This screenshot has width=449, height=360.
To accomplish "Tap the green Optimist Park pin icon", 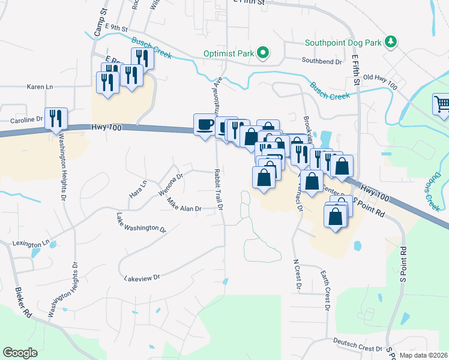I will pyautogui.click(x=263, y=53).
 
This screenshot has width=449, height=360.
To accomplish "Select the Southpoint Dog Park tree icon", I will pyautogui.click(x=391, y=41).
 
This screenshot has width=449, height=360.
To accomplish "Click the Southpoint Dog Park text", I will pyautogui.click(x=343, y=43).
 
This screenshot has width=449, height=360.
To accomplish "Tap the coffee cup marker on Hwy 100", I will pyautogui.click(x=205, y=125).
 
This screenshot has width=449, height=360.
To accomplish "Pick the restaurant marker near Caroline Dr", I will pyautogui.click(x=56, y=119).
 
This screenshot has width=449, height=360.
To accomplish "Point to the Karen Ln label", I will pyautogui.click(x=40, y=87).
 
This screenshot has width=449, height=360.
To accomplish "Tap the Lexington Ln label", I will pyautogui.click(x=31, y=244).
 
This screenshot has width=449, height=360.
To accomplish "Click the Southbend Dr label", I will pyautogui.click(x=322, y=61).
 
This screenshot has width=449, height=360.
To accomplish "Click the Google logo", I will pyautogui.click(x=20, y=353).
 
